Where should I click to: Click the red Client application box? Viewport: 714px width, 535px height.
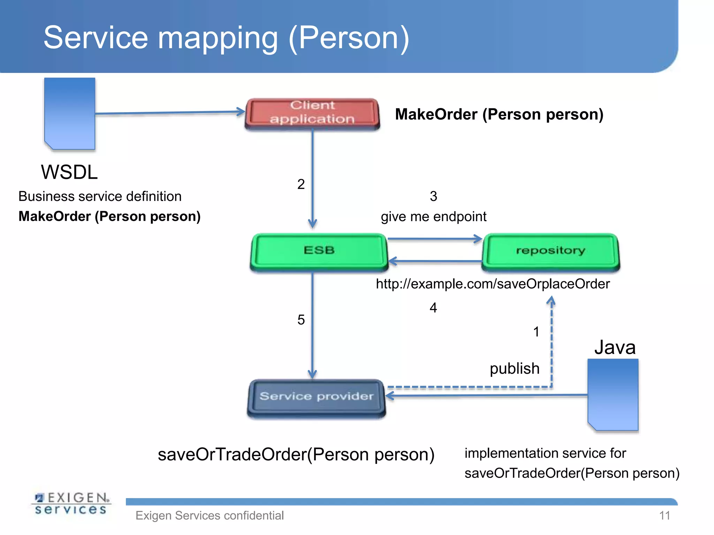click(312, 113)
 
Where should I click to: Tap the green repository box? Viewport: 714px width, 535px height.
click(550, 251)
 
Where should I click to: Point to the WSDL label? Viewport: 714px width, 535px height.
click(69, 172)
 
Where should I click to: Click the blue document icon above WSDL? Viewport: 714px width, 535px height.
click(70, 114)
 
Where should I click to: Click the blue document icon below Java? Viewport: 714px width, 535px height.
click(613, 395)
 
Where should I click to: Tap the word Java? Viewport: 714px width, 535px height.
click(615, 347)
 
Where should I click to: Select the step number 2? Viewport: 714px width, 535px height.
click(301, 184)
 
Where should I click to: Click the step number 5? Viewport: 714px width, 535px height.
click(301, 320)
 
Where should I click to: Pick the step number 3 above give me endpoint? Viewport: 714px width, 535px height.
click(433, 196)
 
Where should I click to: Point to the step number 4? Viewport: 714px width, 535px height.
click(433, 308)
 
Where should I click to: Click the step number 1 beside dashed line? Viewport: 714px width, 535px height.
click(536, 332)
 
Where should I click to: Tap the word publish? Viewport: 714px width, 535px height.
click(514, 369)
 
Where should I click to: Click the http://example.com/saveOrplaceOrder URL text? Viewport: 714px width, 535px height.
click(492, 284)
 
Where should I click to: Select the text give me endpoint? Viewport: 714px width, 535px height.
click(433, 217)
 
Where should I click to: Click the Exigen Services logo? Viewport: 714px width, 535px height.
click(71, 503)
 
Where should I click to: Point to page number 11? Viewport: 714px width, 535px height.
click(664, 515)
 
